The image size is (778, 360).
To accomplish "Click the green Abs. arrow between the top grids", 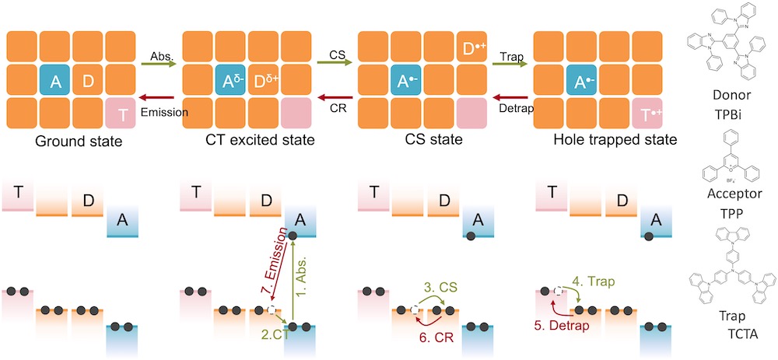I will (x=158, y=65).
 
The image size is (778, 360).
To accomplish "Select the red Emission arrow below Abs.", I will (x=158, y=98).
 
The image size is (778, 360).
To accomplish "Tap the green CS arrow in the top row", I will (x=335, y=65).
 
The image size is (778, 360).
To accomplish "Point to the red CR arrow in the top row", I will (x=335, y=98).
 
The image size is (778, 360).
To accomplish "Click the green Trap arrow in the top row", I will (x=512, y=65).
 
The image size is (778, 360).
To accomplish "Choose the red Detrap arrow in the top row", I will (x=512, y=98).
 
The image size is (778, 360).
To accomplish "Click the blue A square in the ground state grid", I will (x=55, y=81).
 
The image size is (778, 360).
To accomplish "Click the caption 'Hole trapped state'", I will (x=605, y=141).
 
